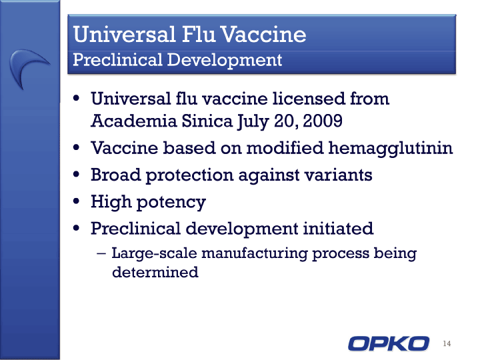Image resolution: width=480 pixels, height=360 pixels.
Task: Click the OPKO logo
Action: click(x=389, y=343)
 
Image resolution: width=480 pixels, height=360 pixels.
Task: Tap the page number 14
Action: click(x=447, y=343)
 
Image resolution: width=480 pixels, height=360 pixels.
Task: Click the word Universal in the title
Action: click(x=124, y=34)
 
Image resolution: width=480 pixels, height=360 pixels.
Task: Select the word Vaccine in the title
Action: click(x=263, y=34)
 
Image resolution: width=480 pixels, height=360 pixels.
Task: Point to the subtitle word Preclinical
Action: click(x=117, y=59)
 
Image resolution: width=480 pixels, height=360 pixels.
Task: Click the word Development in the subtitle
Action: click(x=225, y=60)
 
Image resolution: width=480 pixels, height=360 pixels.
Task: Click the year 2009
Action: click(x=323, y=121)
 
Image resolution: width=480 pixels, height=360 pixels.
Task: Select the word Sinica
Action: click(x=207, y=121)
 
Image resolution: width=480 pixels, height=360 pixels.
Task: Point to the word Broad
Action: click(x=116, y=175)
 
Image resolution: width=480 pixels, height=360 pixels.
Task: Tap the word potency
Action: click(x=171, y=203)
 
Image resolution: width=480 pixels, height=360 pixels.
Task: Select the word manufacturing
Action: click(x=255, y=253)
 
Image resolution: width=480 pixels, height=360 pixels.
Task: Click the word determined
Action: click(x=155, y=272)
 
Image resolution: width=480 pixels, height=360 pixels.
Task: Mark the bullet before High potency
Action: click(x=77, y=201)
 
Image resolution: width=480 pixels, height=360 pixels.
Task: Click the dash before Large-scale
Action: click(x=101, y=254)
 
